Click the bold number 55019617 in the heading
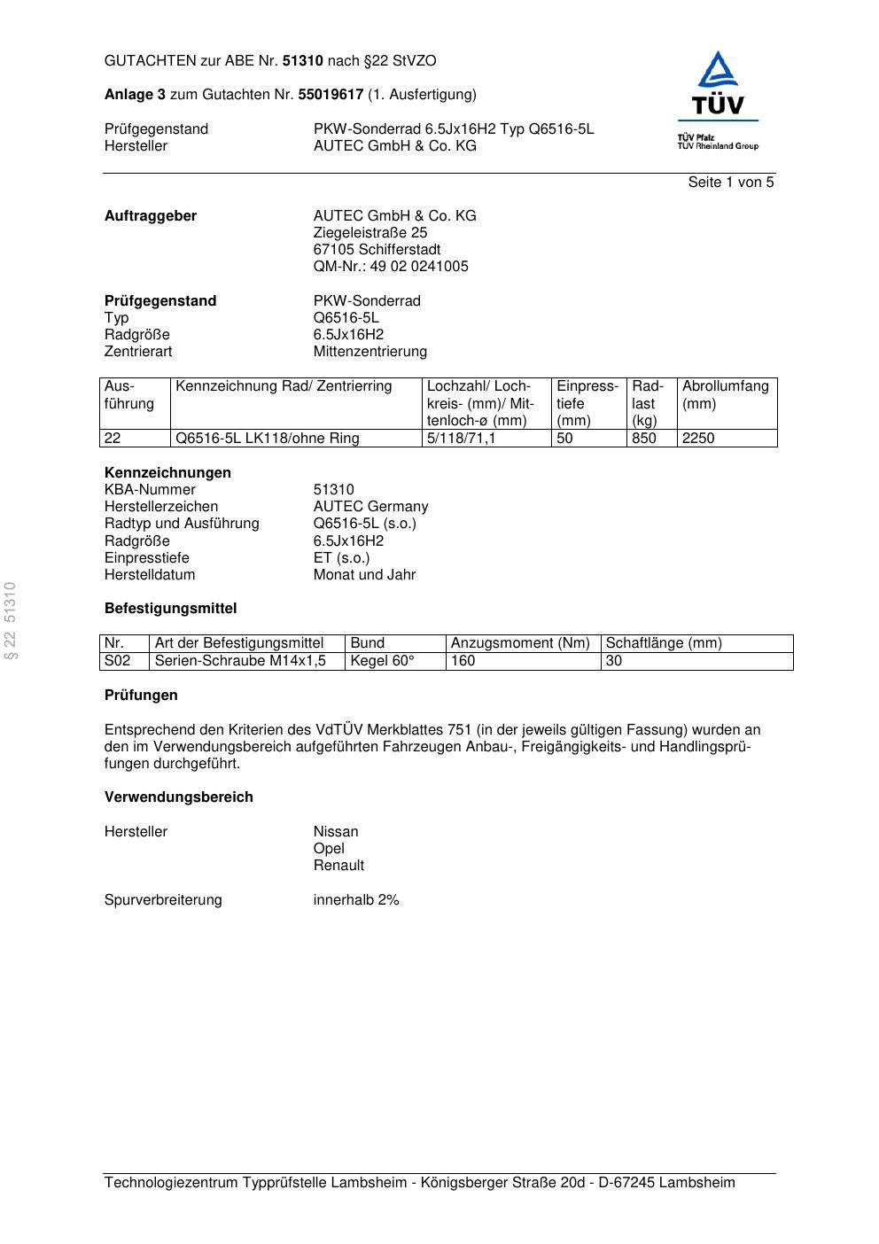331,95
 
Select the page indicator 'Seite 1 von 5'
730,183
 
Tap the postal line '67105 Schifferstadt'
377,250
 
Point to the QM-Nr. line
391,267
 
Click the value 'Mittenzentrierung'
369,352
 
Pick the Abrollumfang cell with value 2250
698,439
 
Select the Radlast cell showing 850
643,439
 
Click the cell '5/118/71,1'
461,439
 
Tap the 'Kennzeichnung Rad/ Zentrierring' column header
284,386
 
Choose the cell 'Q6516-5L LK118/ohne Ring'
268,439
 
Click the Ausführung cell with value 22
113,439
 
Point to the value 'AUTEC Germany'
370,507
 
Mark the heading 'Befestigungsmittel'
170,609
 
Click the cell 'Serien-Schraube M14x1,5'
240,661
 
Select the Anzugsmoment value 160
463,661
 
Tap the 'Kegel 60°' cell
382,661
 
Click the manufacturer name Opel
329,849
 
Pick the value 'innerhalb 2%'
356,900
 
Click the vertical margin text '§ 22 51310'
11,621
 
